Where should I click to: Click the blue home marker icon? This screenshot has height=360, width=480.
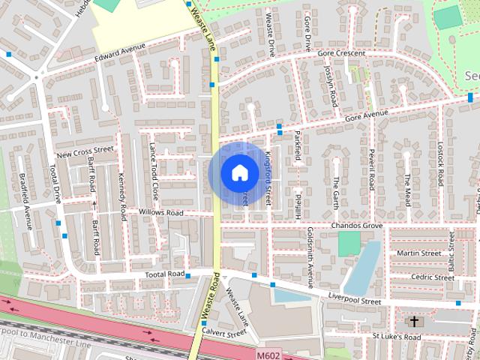pyautogui.click(x=239, y=172)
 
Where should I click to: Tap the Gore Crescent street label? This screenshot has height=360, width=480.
pyautogui.click(x=341, y=53)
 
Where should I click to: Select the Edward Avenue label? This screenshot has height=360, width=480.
pyautogui.click(x=119, y=55)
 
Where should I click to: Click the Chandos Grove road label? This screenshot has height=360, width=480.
pyautogui.click(x=356, y=226)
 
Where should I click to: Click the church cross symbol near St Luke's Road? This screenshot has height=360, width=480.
pyautogui.click(x=413, y=322)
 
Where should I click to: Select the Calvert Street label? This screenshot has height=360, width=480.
pyautogui.click(x=223, y=332)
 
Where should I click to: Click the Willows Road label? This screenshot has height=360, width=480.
pyautogui.click(x=160, y=213)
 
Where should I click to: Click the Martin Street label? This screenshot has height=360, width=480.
pyautogui.click(x=418, y=253)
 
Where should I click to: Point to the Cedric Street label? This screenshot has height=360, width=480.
pyautogui.click(x=433, y=277)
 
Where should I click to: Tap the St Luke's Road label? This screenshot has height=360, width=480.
pyautogui.click(x=397, y=337)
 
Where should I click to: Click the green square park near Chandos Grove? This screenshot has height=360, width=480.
pyautogui.click(x=349, y=243)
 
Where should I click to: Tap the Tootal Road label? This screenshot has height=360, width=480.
pyautogui.click(x=164, y=274)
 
